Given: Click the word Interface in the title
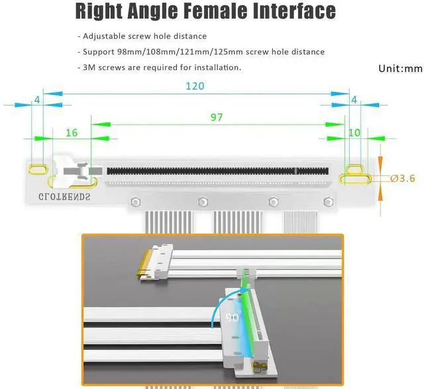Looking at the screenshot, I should click(x=291, y=12).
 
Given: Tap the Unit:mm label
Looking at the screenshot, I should click(x=400, y=69).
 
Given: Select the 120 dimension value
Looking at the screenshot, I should click(x=194, y=86).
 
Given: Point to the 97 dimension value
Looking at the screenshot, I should click(x=217, y=117).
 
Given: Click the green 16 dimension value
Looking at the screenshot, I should click(x=72, y=133).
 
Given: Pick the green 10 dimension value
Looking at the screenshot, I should click(x=354, y=133).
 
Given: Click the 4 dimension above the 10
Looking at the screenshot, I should click(x=354, y=99).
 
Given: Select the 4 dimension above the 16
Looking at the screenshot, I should click(x=36, y=99).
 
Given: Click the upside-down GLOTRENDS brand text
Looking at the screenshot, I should click(x=64, y=195).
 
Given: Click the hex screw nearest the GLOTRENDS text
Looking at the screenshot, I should click(x=136, y=202).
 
